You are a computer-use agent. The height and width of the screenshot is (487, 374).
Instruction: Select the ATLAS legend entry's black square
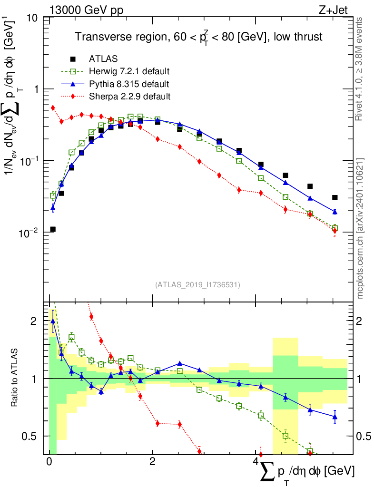[x=73, y=59]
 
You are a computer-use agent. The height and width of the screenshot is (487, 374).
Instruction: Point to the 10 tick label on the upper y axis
[x=32, y=18]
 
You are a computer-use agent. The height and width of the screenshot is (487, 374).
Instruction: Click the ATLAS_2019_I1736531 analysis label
[x=197, y=285]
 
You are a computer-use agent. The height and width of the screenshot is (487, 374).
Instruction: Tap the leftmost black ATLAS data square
[x=53, y=229]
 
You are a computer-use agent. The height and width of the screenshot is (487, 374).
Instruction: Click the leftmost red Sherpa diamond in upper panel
[x=53, y=108]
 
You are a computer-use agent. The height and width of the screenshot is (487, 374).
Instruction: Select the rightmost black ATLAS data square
[x=335, y=197]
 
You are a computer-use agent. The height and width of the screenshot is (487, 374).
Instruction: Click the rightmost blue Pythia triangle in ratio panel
[x=335, y=417]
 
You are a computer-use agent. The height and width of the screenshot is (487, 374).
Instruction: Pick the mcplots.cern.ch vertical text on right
[x=360, y=228]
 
